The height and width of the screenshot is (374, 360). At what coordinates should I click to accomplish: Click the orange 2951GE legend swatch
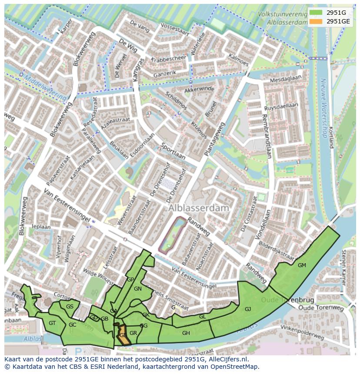pyautogui.click(x=317, y=21)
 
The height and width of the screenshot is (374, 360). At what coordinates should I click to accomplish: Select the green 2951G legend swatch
pyautogui.click(x=317, y=13)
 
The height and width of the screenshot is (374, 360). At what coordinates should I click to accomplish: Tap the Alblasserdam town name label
pyautogui.click(x=198, y=208)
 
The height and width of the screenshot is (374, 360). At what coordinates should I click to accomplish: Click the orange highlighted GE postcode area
pyautogui.click(x=123, y=335)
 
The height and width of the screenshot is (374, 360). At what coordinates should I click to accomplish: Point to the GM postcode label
pyautogui.click(x=302, y=265)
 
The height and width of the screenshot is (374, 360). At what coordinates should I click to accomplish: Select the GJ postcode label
pyautogui.click(x=248, y=309)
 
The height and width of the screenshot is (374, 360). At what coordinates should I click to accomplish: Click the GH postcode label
pyautogui.click(x=186, y=333)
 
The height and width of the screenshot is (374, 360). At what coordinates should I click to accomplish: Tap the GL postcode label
pyautogui.click(x=202, y=317)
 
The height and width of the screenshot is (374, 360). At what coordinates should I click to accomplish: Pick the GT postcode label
pyautogui.click(x=52, y=323)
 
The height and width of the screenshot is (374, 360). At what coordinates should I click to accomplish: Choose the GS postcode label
pyautogui.click(x=70, y=306)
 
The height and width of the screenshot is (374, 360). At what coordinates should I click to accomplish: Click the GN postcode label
pyautogui.click(x=138, y=288)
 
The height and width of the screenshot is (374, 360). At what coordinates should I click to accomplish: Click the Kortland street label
pyautogui.click(x=331, y=137)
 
